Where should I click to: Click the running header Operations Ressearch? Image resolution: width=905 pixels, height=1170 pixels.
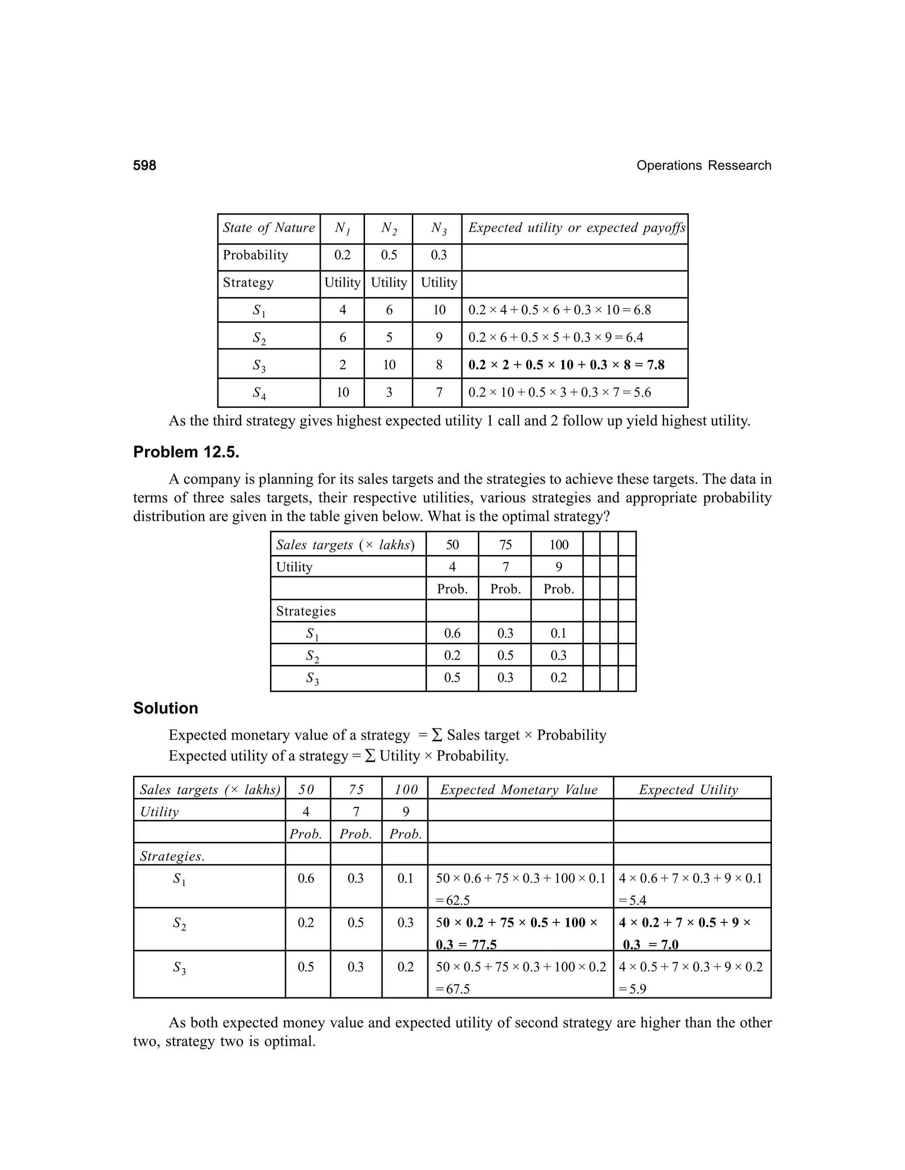[x=703, y=166]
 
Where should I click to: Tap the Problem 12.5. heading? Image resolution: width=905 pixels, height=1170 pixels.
[x=186, y=452]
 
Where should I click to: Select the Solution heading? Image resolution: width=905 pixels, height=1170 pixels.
[x=165, y=708]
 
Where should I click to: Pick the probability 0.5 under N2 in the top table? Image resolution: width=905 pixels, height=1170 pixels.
[x=389, y=255]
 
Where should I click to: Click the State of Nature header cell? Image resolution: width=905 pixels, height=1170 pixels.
[x=269, y=228]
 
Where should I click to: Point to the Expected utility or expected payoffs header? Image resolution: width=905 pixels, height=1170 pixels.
[x=576, y=228]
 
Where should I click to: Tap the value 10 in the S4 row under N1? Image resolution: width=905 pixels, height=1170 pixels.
[x=342, y=393]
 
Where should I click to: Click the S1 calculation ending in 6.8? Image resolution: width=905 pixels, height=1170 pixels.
[x=559, y=310]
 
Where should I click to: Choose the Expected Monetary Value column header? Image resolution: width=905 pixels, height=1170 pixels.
[x=518, y=790]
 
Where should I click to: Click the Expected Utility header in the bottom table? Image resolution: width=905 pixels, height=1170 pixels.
[x=688, y=790]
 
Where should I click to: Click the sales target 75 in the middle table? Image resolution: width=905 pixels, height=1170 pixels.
[x=505, y=545]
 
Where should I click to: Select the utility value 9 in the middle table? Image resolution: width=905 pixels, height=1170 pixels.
[x=558, y=567]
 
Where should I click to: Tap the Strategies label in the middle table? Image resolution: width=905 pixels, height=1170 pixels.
[x=306, y=611]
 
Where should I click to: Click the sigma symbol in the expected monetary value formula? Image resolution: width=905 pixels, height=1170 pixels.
[x=437, y=735]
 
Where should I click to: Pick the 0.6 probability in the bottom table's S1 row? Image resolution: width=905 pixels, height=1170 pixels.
[x=306, y=878]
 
